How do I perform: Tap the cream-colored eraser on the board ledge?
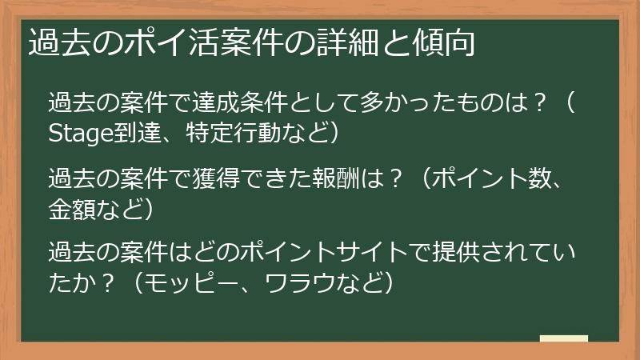563,339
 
